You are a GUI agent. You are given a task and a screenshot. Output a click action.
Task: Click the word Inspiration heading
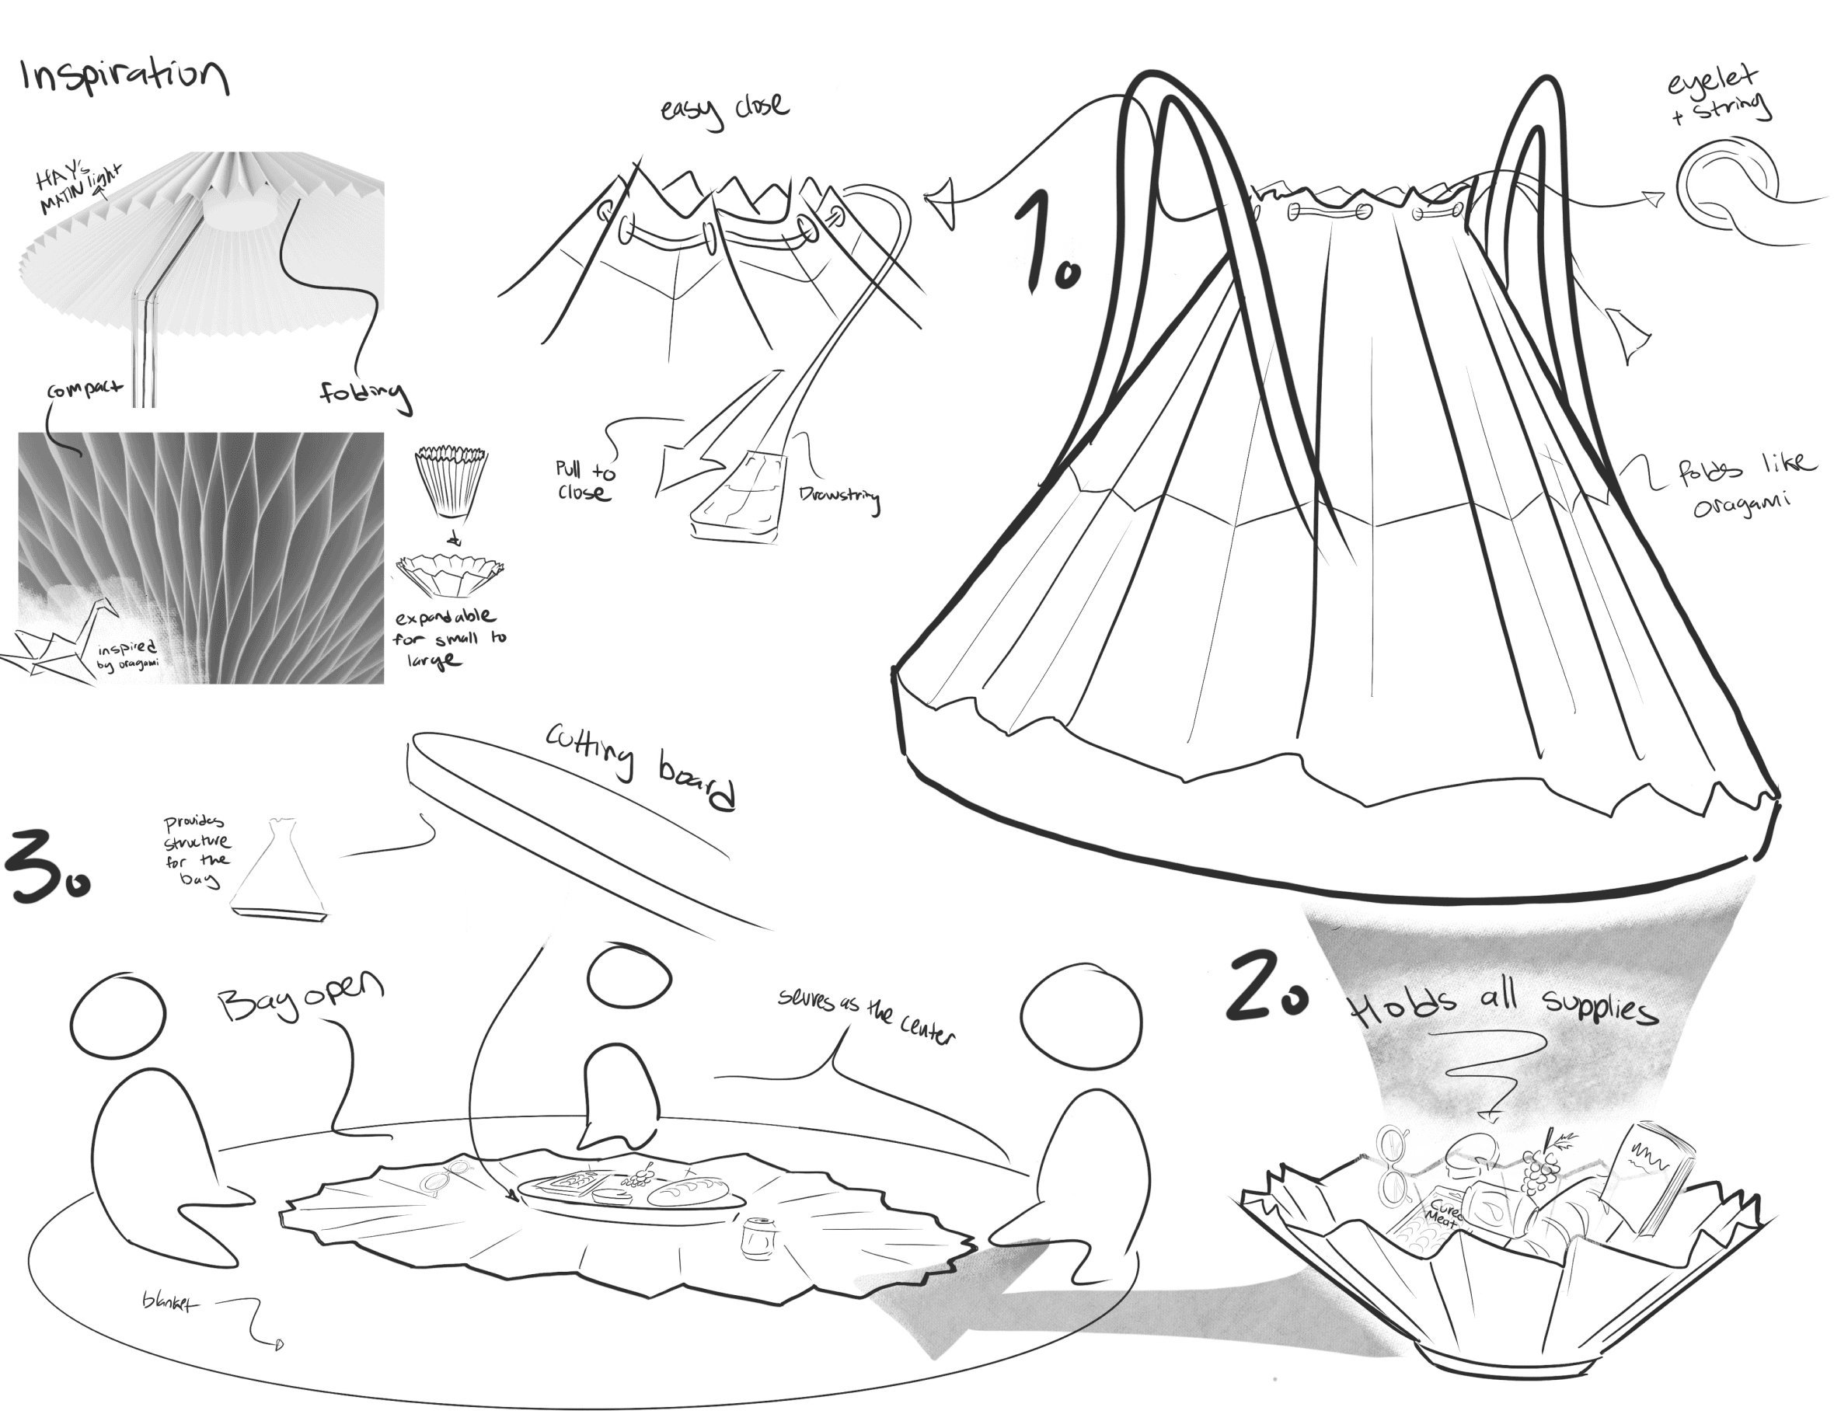click(124, 75)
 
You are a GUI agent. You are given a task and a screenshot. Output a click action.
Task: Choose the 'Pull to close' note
click(584, 480)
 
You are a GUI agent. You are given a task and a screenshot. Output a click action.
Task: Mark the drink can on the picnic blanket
click(752, 1233)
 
